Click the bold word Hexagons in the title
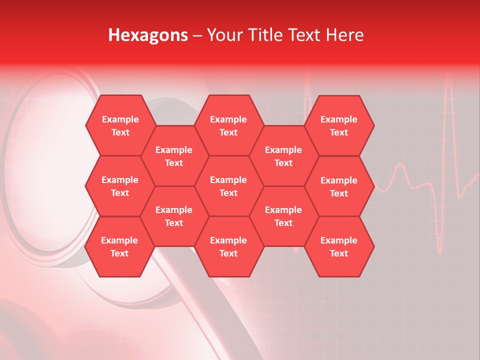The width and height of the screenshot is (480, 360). [x=148, y=35]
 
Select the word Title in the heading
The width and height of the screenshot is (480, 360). [x=268, y=35]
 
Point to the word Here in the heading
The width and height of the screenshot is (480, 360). [x=345, y=35]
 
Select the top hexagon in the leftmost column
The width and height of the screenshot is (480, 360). [x=120, y=125]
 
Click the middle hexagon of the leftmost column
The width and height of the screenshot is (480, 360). [x=120, y=186]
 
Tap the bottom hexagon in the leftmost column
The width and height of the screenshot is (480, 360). [x=119, y=246]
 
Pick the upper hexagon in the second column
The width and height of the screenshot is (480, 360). [x=174, y=156]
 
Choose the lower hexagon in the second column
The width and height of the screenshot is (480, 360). [x=174, y=216]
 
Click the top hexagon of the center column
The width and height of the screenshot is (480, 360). [x=228, y=125]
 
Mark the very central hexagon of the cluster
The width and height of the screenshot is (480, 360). [x=228, y=186]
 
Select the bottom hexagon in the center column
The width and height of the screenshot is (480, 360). [x=228, y=246]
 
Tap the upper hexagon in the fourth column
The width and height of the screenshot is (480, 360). [x=283, y=156]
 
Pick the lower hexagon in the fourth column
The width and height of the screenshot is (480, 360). [x=283, y=216]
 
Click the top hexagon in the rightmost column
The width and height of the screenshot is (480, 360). [x=339, y=125]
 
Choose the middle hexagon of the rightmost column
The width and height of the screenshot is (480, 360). [x=339, y=186]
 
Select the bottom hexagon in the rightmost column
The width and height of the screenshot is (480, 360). [x=339, y=246]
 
